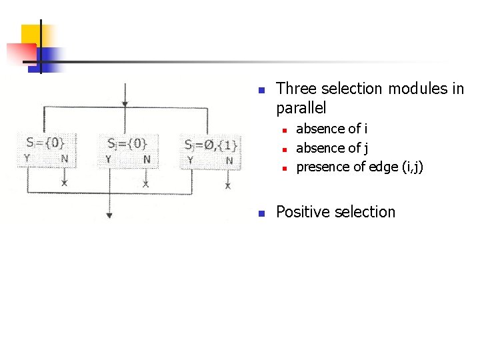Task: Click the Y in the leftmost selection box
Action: [27, 159]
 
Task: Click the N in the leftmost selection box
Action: [64, 159]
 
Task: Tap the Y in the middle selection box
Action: [109, 159]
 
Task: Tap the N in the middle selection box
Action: [147, 159]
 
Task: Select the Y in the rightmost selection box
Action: [191, 160]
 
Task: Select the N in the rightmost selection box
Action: [229, 160]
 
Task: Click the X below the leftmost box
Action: [65, 182]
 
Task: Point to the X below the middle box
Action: [146, 183]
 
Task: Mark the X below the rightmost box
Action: [228, 186]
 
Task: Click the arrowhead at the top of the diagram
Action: [125, 104]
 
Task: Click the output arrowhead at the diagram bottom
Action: [109, 215]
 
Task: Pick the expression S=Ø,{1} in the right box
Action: [210, 145]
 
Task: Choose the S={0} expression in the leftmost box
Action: [45, 142]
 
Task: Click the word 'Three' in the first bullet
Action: [295, 89]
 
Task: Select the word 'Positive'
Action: [302, 212]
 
